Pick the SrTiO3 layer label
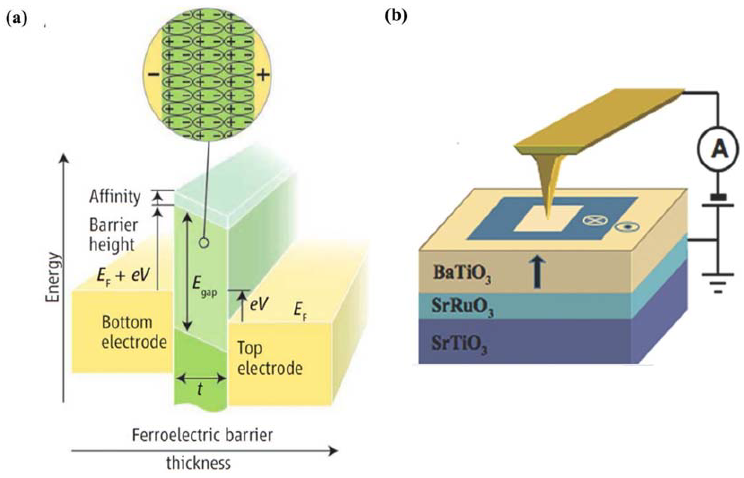(x=459, y=344)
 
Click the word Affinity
(x=115, y=197)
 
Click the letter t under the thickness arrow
(x=200, y=389)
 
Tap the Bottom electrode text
(x=134, y=332)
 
